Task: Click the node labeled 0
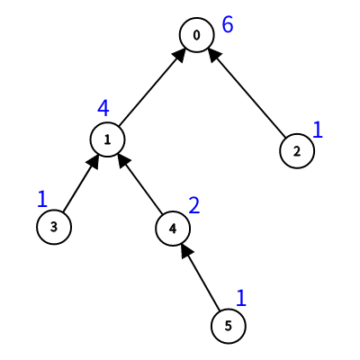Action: click(197, 35)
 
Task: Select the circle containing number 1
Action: click(108, 139)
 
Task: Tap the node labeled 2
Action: click(297, 151)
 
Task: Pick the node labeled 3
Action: click(54, 227)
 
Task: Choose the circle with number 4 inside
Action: click(173, 229)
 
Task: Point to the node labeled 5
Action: click(229, 326)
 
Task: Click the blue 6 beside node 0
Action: click(228, 24)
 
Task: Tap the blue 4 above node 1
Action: click(103, 108)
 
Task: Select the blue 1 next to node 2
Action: click(318, 130)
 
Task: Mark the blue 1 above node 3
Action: click(42, 199)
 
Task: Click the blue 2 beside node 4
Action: click(194, 205)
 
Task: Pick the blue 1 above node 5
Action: click(241, 298)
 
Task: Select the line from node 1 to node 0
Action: click(151, 88)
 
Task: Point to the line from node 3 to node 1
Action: click(80, 184)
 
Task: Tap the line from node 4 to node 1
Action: click(140, 184)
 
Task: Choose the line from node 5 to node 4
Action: click(201, 277)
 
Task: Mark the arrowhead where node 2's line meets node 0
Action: click(214, 55)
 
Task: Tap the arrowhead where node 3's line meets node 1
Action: click(94, 162)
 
